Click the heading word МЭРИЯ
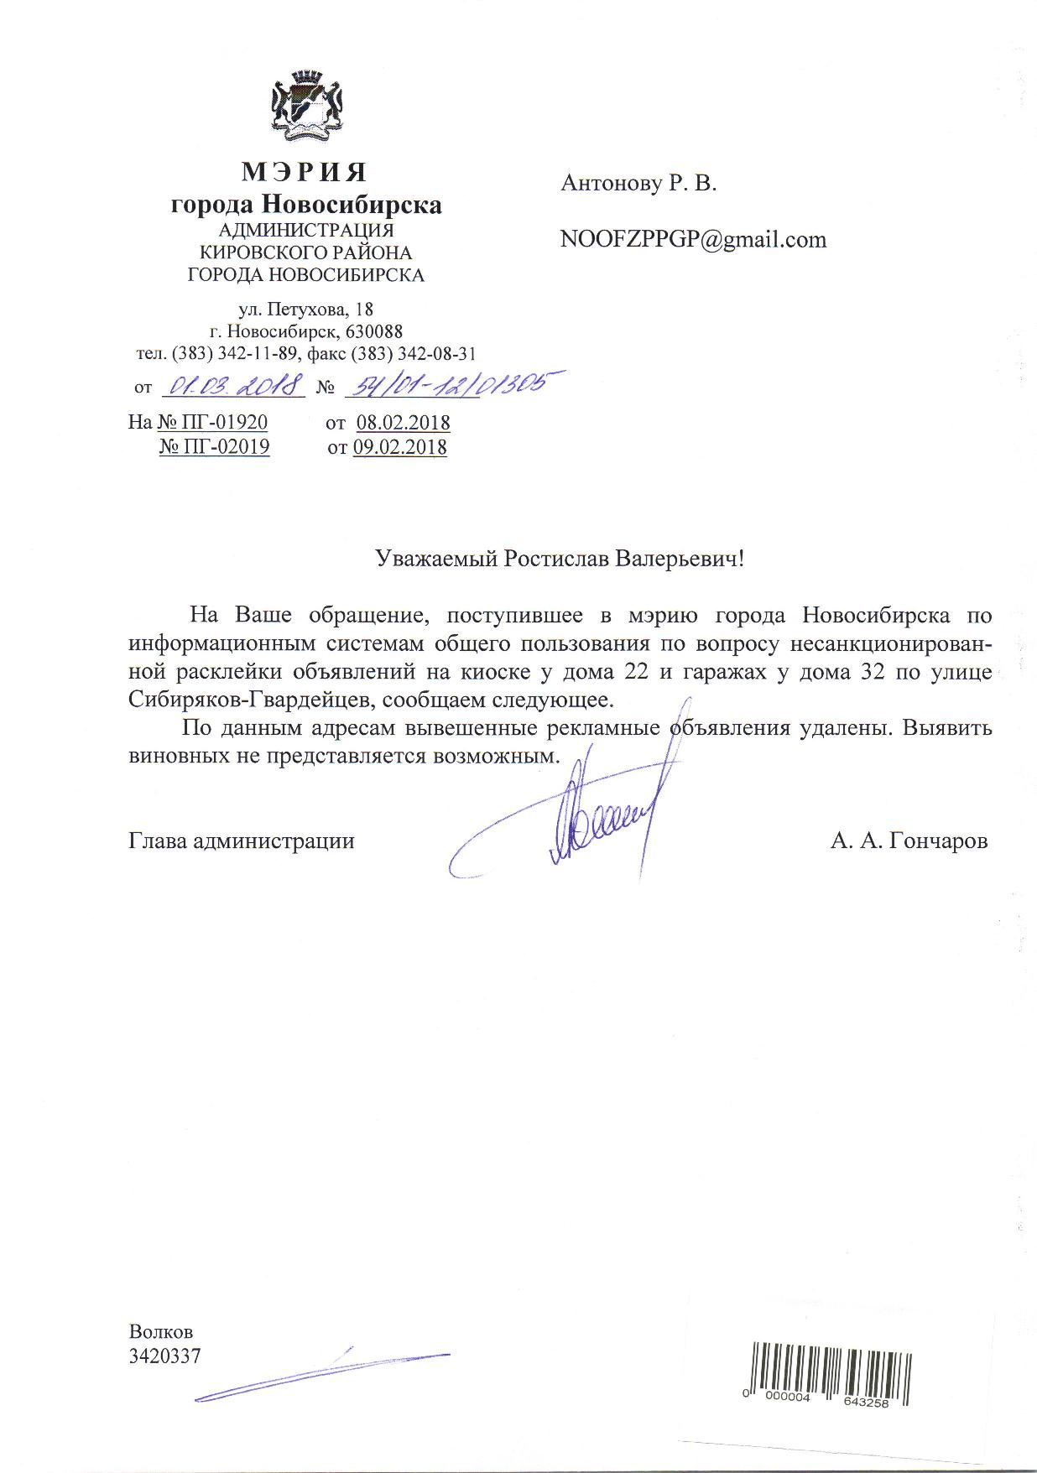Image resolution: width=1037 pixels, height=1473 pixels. pyautogui.click(x=305, y=172)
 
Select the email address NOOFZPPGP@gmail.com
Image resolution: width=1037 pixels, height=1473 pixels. pyautogui.click(x=693, y=240)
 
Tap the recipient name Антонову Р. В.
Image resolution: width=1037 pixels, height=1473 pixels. pyautogui.click(x=638, y=183)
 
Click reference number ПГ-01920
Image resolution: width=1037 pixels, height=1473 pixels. pyautogui.click(x=221, y=422)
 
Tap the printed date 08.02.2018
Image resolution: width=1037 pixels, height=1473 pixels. pyautogui.click(x=403, y=423)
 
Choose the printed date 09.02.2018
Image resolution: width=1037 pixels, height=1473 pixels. pyautogui.click(x=399, y=448)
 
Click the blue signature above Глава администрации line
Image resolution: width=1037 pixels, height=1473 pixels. pyautogui.click(x=587, y=818)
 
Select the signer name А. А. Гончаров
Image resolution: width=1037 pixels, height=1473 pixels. pyautogui.click(x=909, y=841)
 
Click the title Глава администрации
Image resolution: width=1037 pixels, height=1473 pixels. pyautogui.click(x=242, y=841)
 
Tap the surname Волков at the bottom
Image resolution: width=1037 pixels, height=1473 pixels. pyautogui.click(x=160, y=1331)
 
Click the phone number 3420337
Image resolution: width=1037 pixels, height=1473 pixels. pyautogui.click(x=164, y=1356)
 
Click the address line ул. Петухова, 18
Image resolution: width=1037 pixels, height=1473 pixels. pyautogui.click(x=306, y=310)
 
